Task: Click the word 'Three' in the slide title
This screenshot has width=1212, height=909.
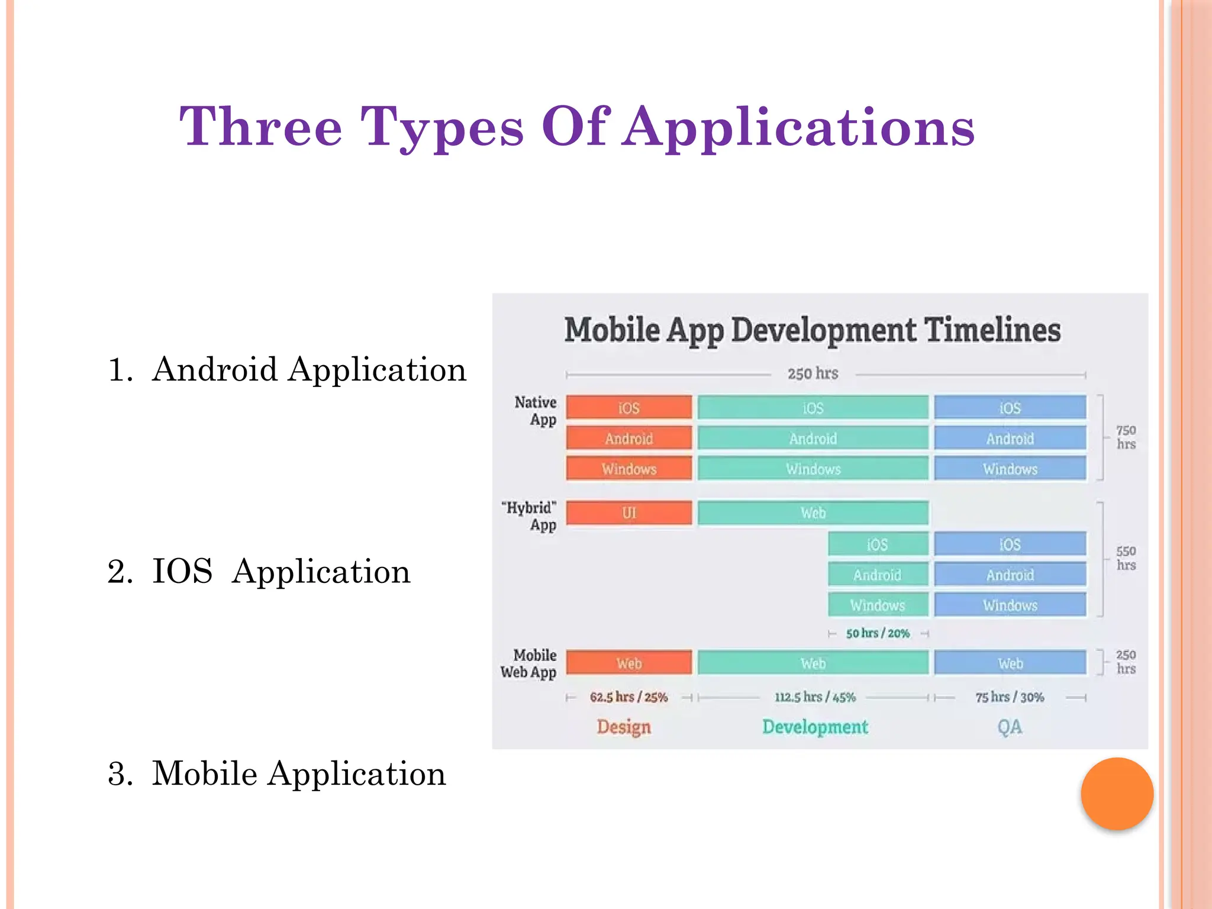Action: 261,127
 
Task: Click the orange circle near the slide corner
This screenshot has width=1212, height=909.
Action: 1117,794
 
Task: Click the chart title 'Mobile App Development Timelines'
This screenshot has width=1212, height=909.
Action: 812,330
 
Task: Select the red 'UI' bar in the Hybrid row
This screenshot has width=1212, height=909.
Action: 628,513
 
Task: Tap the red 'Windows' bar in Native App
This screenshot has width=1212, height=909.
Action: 628,469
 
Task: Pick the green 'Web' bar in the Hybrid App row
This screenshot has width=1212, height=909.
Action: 813,513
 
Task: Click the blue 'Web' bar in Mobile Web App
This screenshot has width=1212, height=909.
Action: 1010,663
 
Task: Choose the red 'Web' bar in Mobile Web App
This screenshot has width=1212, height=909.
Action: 628,663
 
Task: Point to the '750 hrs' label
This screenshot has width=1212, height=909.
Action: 1126,437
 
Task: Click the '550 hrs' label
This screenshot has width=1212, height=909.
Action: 1126,558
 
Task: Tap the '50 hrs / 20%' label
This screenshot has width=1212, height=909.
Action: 878,633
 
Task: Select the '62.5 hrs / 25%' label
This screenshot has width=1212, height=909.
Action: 628,697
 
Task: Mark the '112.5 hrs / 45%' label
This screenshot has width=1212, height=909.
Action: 815,697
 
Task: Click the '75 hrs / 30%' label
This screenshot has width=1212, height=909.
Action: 1010,697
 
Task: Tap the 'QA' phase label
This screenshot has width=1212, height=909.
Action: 1010,727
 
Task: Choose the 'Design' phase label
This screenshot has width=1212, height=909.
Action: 624,727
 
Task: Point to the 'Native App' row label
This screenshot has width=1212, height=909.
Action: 536,411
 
